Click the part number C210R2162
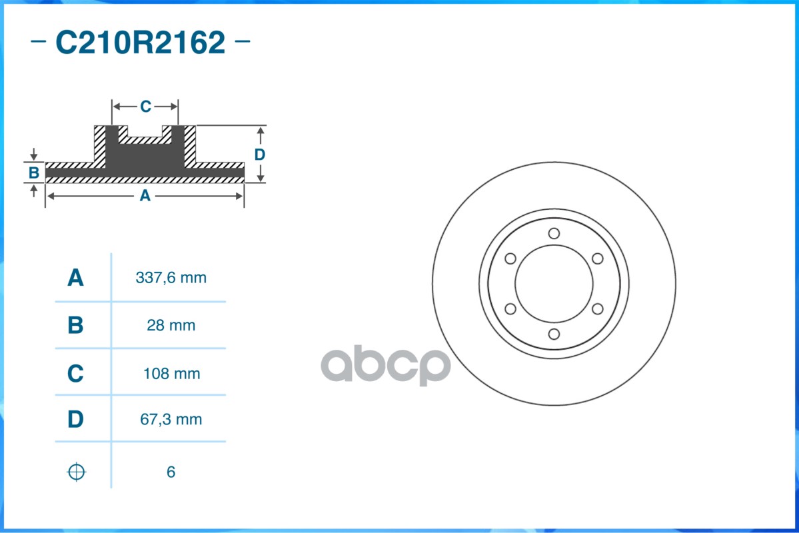[x=141, y=43]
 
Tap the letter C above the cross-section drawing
[x=145, y=107]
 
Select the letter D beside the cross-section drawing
[x=260, y=155]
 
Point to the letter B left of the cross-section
[x=34, y=174]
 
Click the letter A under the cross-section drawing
[x=145, y=196]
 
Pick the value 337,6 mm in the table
[x=171, y=278]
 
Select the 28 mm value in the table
[x=171, y=326]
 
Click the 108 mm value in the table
[x=171, y=374]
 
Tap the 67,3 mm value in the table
[x=171, y=420]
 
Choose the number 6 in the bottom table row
[x=171, y=472]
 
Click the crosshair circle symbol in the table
[x=77, y=472]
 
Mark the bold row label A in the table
[x=75, y=278]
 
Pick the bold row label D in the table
[x=75, y=420]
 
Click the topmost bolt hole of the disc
[x=554, y=233]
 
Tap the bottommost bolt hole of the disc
[x=554, y=334]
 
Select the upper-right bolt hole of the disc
[x=597, y=259]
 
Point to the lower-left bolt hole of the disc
[x=510, y=308]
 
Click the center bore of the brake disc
[x=554, y=283]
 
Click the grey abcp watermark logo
[x=385, y=365]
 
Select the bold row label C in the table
[x=75, y=374]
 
